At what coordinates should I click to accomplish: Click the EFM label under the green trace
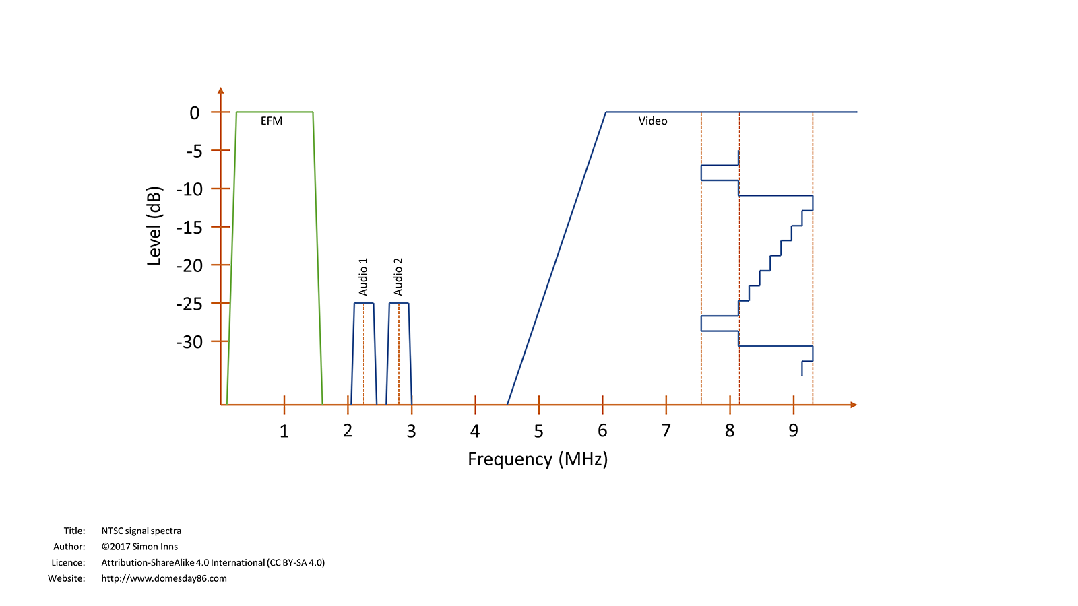[x=272, y=121]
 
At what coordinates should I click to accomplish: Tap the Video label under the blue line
[x=653, y=121]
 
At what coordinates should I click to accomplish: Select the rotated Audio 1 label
[x=364, y=277]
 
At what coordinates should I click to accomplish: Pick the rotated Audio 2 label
[x=398, y=277]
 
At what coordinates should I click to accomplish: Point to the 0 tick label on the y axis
[x=195, y=113]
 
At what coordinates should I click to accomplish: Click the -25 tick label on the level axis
[x=189, y=304]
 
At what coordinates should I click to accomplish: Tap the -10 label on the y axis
[x=189, y=190]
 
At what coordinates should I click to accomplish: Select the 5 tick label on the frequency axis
[x=539, y=432]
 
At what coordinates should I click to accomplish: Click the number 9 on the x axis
[x=794, y=431]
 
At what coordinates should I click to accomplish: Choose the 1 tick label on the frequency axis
[x=284, y=432]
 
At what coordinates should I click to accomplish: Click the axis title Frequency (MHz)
[x=538, y=459]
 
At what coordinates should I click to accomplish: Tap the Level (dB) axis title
[x=154, y=226]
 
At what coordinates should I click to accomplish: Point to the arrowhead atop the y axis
[x=220, y=90]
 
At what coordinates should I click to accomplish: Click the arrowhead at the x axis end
[x=854, y=405]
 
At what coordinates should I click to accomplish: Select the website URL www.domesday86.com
[x=164, y=578]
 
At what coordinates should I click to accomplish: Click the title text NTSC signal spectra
[x=141, y=531]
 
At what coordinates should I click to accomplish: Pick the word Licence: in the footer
[x=68, y=563]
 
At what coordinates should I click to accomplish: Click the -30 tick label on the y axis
[x=189, y=343]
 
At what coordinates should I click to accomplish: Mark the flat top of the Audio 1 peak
[x=364, y=303]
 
